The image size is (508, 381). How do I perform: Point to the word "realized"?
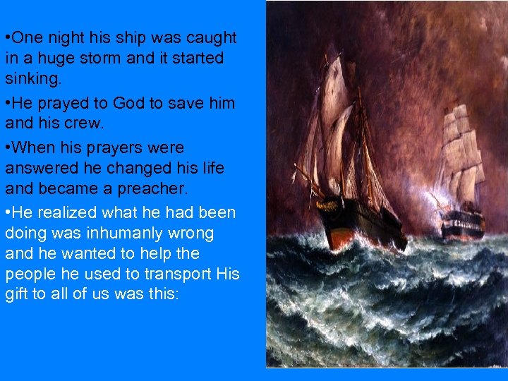pyautogui.click(x=70, y=213)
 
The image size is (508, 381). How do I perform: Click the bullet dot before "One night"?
pyautogui.click(x=7, y=37)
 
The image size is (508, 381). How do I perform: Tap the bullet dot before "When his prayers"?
pyautogui.click(x=7, y=148)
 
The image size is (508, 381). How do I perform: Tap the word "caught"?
pyautogui.click(x=212, y=37)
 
